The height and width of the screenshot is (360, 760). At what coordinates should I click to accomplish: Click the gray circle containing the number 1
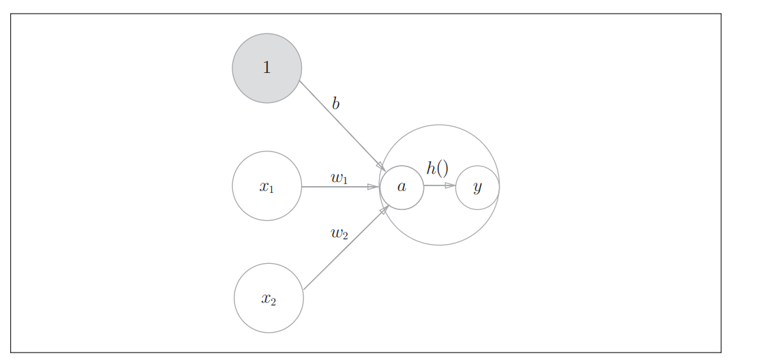tap(267, 68)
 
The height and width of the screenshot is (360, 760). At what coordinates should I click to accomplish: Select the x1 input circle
tap(267, 186)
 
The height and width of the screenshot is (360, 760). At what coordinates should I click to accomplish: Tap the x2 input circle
tap(269, 298)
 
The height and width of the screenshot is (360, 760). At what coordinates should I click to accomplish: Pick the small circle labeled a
tap(401, 187)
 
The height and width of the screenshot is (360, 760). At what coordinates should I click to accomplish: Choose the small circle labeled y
tap(477, 187)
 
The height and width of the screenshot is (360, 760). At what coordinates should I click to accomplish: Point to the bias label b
tap(335, 104)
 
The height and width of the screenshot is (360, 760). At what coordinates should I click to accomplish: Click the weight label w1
tap(339, 178)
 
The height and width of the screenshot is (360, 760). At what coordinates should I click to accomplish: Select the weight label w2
tap(339, 233)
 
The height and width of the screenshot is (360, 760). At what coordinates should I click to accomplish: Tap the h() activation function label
tap(437, 168)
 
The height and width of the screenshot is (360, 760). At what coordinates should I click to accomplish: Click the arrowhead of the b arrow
tap(380, 166)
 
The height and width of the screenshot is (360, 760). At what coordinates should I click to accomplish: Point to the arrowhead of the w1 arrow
tap(374, 187)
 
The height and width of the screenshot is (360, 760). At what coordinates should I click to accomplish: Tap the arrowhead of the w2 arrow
tap(384, 209)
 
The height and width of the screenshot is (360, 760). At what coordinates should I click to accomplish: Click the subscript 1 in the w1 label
tap(345, 181)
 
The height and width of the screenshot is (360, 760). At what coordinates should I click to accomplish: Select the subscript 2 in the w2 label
tap(345, 236)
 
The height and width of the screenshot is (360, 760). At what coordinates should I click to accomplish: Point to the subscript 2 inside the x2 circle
tap(273, 301)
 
